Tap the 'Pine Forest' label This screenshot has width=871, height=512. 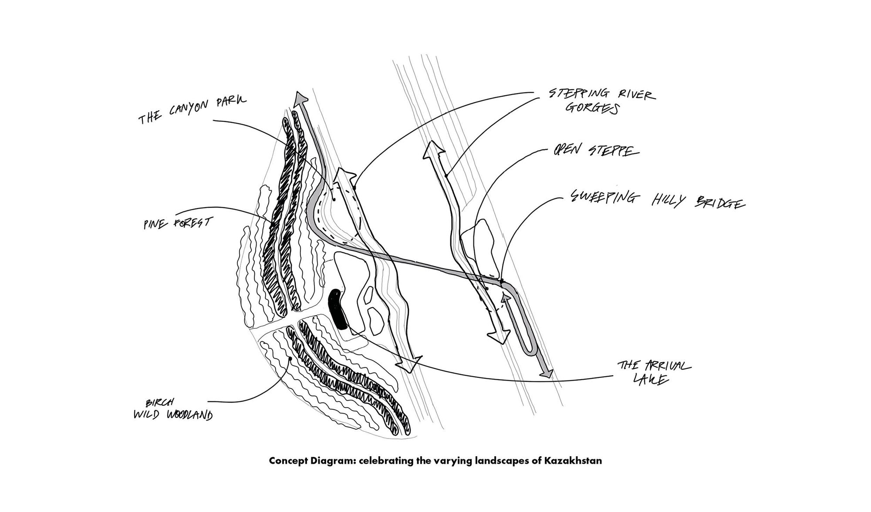click(178, 225)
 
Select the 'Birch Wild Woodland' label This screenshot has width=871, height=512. click(173, 411)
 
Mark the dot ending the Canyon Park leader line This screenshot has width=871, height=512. click(334, 199)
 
